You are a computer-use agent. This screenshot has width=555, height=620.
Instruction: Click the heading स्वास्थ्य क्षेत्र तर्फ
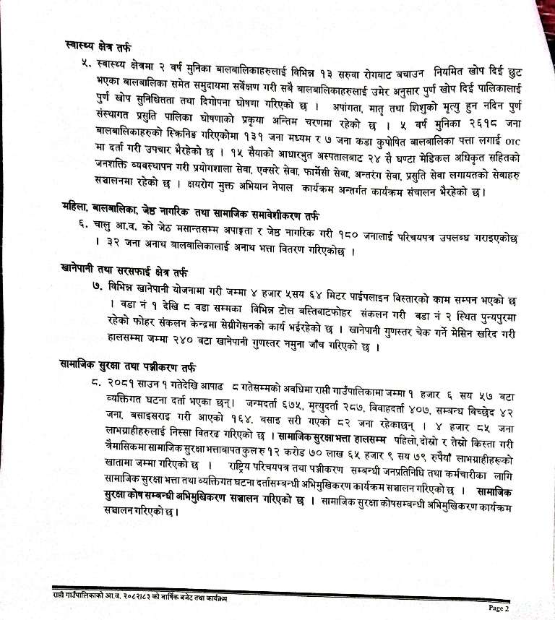(x=98, y=48)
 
